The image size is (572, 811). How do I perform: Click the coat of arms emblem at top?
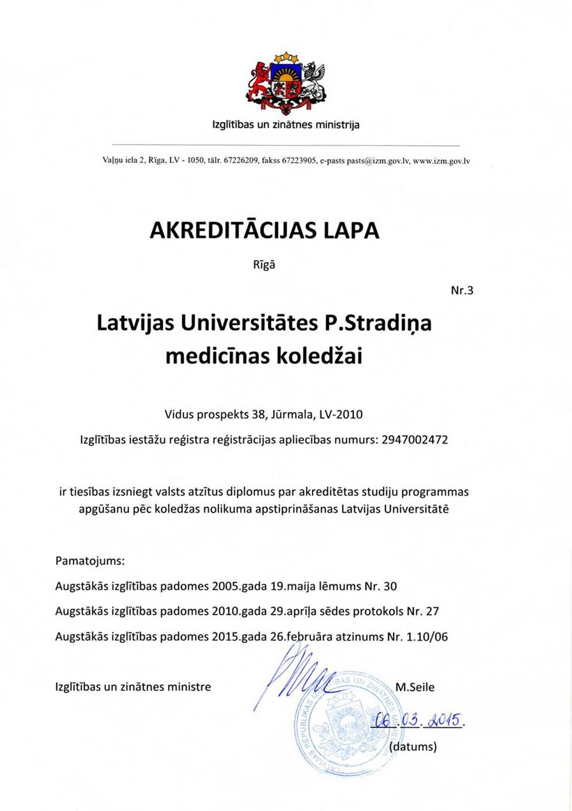point(286,82)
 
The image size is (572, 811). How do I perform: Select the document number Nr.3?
point(462,290)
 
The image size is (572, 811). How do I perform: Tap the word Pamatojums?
point(90,560)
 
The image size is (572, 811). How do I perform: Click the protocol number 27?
point(432,611)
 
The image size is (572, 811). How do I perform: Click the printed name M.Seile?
point(415,687)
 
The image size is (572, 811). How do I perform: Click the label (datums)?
point(413,747)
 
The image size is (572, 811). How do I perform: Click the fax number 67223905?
point(299,160)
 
